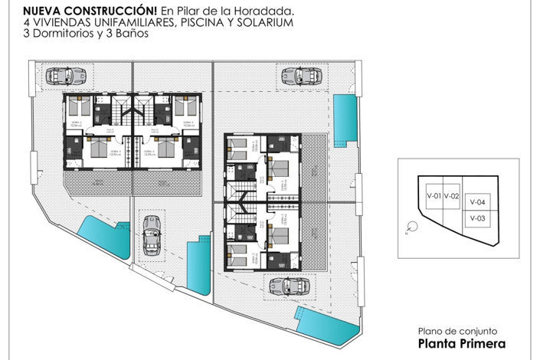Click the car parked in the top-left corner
click(61, 76)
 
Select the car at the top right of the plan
click(296, 76)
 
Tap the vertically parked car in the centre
click(152, 235)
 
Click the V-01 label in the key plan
click(434, 196)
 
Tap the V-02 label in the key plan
click(451, 196)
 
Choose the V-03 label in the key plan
click(477, 218)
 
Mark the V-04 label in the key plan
click(477, 202)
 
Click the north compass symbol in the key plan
click(411, 226)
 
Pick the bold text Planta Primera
click(462, 345)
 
